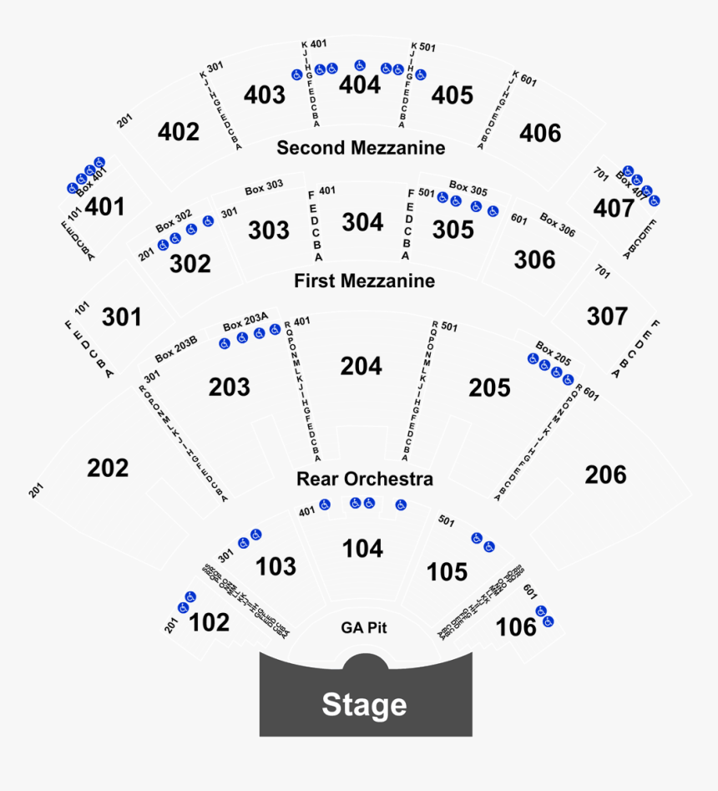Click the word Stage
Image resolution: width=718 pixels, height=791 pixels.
point(364,705)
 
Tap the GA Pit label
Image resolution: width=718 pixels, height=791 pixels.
point(364,628)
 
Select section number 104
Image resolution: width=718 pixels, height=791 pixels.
point(363,549)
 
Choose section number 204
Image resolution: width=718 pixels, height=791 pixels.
point(362,366)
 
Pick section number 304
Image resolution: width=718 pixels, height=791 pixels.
point(362,222)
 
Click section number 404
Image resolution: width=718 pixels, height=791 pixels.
point(360,85)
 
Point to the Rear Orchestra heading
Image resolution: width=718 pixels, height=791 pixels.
point(364,479)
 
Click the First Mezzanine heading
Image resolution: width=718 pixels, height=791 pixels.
point(364,281)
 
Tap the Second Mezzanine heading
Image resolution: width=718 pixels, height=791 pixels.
point(361,148)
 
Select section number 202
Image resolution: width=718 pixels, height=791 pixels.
point(109,468)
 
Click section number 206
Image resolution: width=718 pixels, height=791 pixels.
point(605,474)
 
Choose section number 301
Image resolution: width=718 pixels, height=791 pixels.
point(122,317)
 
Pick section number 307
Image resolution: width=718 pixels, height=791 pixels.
point(607,317)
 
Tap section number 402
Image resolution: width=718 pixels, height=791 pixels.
point(179,132)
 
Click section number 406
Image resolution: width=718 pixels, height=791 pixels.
point(540,133)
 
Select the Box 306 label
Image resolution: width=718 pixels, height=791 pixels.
point(557,225)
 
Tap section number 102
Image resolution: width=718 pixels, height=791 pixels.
point(209,622)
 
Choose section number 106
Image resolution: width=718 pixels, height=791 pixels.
point(516,626)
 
